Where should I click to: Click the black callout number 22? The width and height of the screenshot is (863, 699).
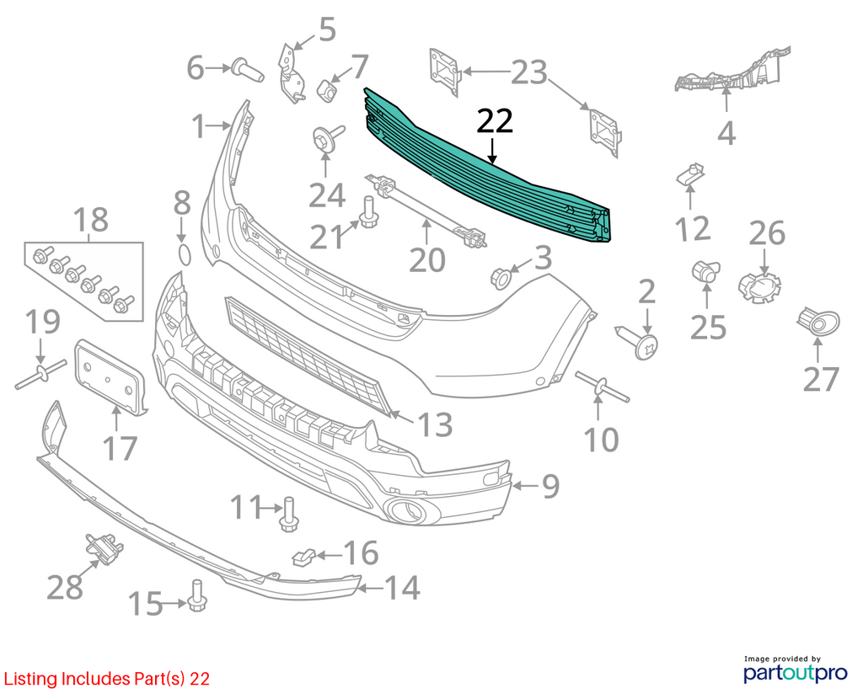[495, 121]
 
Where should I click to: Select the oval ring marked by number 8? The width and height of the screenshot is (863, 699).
[185, 256]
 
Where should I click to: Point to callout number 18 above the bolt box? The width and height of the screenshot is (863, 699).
[91, 220]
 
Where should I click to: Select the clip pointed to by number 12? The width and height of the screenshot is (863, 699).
[691, 175]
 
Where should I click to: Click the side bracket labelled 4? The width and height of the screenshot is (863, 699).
[732, 72]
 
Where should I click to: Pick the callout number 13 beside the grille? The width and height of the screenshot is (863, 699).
[436, 424]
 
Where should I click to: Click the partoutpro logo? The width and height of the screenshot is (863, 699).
[796, 669]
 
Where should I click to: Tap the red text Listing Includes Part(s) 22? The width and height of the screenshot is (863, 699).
[107, 679]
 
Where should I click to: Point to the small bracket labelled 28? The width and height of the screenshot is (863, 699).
[104, 547]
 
